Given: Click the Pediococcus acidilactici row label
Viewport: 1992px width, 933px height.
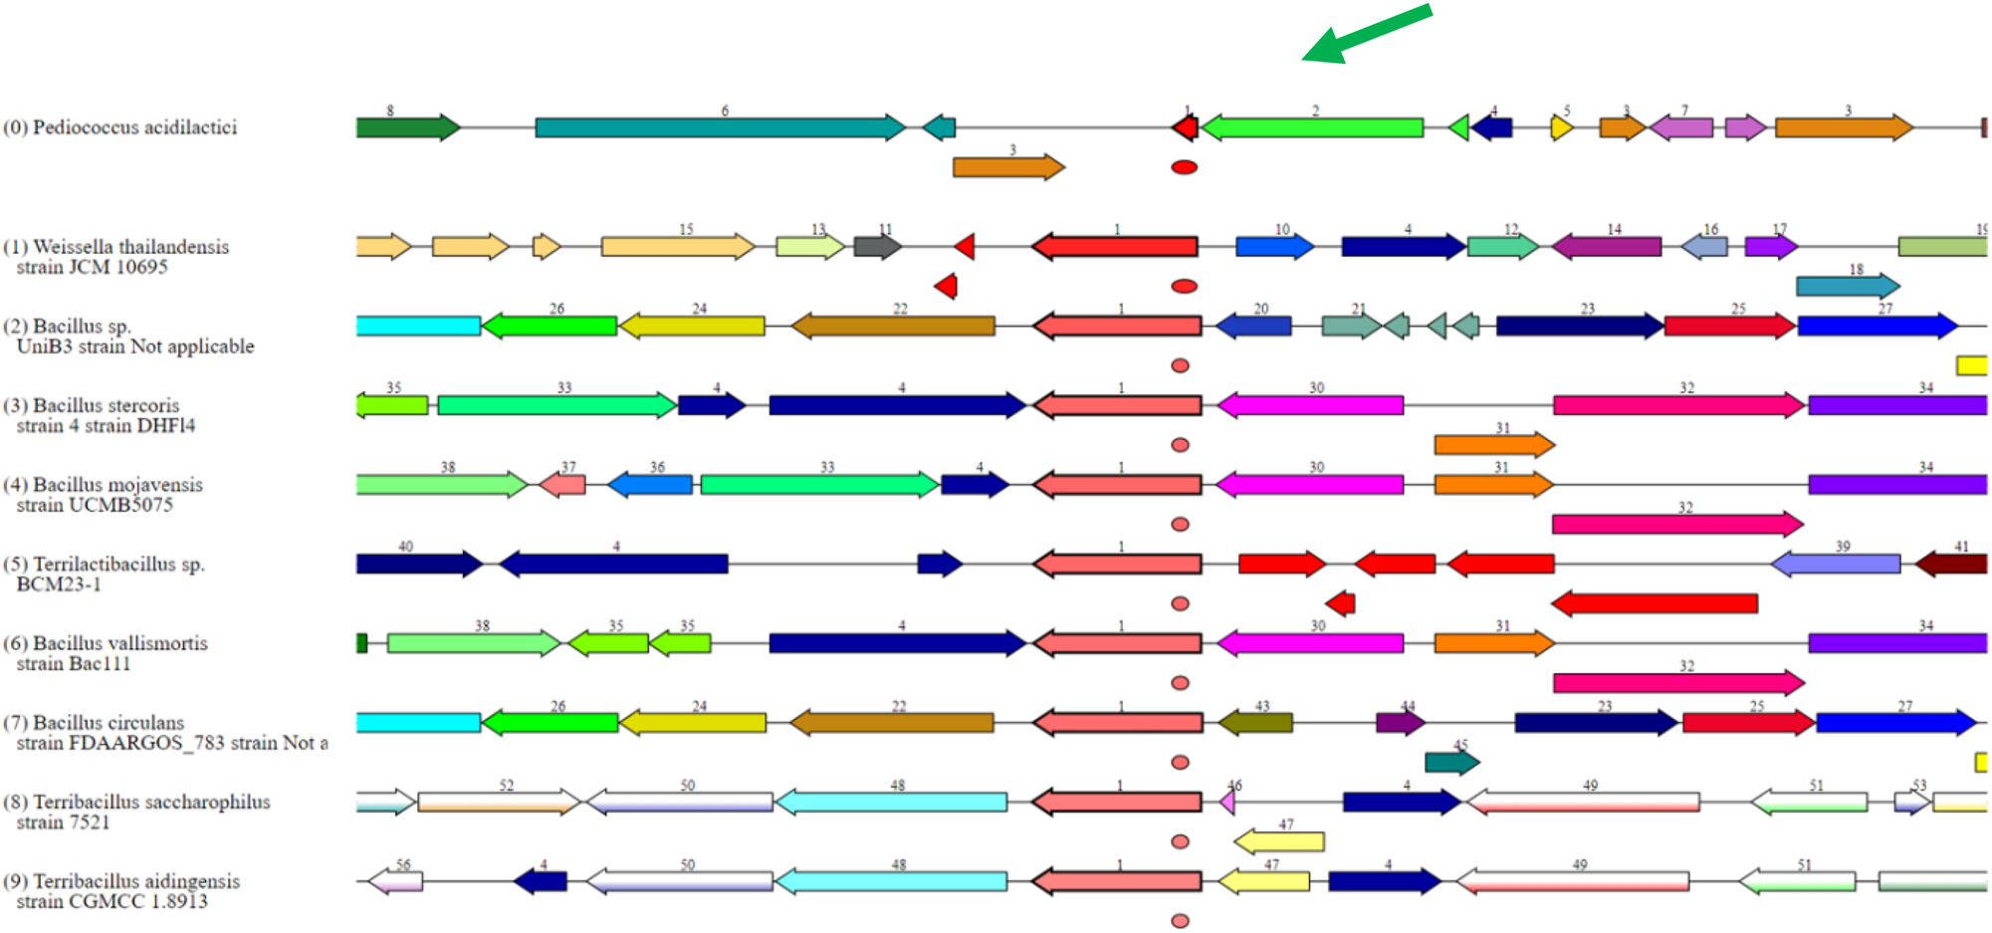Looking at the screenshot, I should [119, 127].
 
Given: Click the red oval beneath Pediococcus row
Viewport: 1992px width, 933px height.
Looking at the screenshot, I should [1184, 167].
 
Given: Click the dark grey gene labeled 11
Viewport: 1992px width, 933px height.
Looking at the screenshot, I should [877, 246].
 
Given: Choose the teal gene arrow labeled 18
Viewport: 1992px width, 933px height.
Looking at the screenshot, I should [1847, 287].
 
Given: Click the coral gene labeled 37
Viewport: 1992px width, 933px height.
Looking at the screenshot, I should [563, 485].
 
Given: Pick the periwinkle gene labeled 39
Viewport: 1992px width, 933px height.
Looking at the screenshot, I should [1836, 565].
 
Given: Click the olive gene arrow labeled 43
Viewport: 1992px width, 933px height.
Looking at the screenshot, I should [1255, 723].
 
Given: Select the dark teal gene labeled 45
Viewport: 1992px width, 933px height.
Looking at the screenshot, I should [1451, 763].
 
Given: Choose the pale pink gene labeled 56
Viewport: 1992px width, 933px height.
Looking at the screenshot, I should [395, 881].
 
